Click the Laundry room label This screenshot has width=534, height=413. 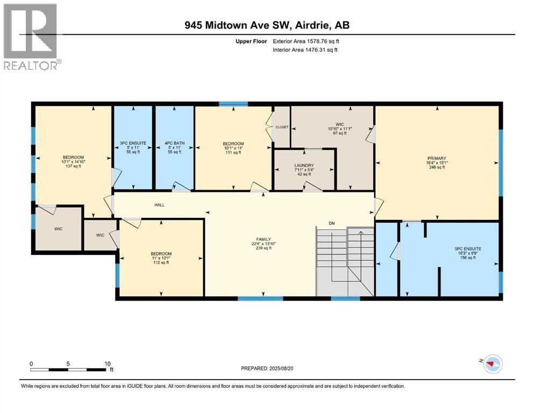coord(304,169)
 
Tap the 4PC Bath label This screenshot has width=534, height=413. coord(174,147)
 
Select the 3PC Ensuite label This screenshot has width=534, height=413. coord(133,147)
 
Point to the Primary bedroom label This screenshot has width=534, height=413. coord(437,163)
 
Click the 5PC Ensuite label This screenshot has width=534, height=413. coord(468,253)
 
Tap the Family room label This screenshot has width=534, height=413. coord(264,244)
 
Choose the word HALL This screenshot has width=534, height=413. coord(159,205)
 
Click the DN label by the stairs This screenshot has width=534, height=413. coord(332,223)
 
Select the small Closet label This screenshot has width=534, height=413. coord(282,127)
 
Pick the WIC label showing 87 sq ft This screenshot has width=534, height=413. coord(339,129)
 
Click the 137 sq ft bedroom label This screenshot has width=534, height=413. coord(73,162)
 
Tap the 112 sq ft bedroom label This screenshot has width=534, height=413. coord(161,258)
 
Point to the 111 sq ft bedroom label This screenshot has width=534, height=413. coord(233,148)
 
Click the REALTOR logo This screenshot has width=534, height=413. coord(31,37)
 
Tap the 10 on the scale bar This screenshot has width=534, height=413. coord(107,364)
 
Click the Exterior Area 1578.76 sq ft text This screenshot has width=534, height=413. coord(306,41)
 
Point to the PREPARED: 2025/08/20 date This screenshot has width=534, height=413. coord(267,368)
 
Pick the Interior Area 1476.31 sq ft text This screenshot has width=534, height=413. coord(305,49)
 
